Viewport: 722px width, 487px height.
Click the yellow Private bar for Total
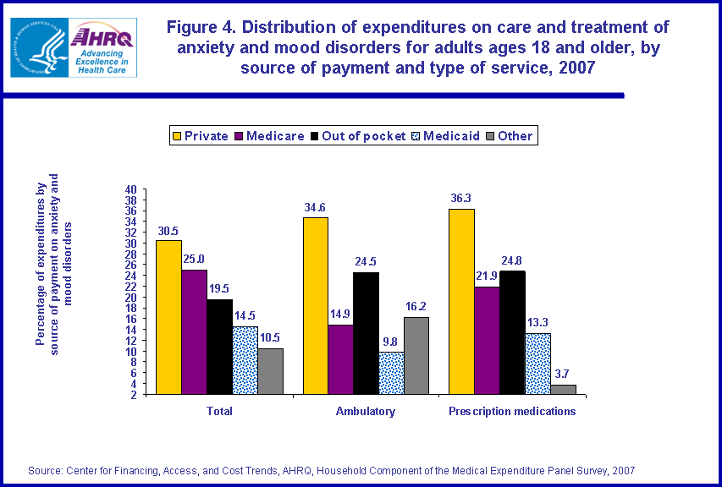pyautogui.click(x=168, y=317)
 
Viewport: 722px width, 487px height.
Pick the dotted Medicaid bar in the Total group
pyautogui.click(x=245, y=360)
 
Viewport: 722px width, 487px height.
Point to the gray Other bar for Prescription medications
pyautogui.click(x=563, y=389)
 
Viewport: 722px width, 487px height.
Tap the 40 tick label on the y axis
pyautogui.click(x=130, y=189)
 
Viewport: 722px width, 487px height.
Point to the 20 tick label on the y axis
pyautogui.click(x=130, y=298)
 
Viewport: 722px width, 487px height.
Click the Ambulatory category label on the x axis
pyautogui.click(x=365, y=412)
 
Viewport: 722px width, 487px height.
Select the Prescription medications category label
pyautogui.click(x=511, y=412)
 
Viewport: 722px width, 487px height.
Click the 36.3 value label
pyautogui.click(x=461, y=199)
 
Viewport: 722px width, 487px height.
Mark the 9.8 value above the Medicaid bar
pyautogui.click(x=391, y=342)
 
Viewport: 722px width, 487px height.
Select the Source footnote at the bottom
pyautogui.click(x=331, y=470)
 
